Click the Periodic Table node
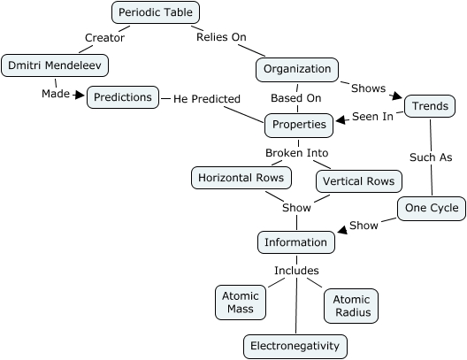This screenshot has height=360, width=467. pyautogui.click(x=157, y=12)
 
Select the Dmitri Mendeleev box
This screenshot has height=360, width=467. pyautogui.click(x=46, y=65)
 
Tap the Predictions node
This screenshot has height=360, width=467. pyautogui.click(x=123, y=97)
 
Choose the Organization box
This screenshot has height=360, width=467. pyautogui.click(x=297, y=68)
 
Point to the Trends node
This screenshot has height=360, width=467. pyautogui.click(x=430, y=107)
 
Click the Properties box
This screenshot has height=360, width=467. pyautogui.click(x=298, y=125)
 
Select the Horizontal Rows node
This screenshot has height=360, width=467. pyautogui.click(x=241, y=177)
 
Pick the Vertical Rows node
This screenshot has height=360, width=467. pyautogui.click(x=358, y=180)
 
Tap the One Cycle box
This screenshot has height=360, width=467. pyautogui.click(x=431, y=209)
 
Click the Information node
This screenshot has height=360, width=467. pyautogui.click(x=295, y=241)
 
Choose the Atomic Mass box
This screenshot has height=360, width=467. pyautogui.click(x=239, y=303)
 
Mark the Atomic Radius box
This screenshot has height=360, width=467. pyautogui.click(x=351, y=305)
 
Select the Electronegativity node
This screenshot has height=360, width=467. pyautogui.click(x=295, y=346)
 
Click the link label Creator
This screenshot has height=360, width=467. pyautogui.click(x=104, y=38)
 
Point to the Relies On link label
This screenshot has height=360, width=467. pyautogui.click(x=220, y=37)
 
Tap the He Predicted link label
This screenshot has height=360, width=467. pyautogui.click(x=207, y=99)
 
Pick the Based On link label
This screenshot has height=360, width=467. pyautogui.click(x=296, y=97)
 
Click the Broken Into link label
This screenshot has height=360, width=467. pyautogui.click(x=297, y=153)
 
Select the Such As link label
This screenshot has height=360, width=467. pyautogui.click(x=432, y=157)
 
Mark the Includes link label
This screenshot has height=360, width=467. pyautogui.click(x=296, y=271)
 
